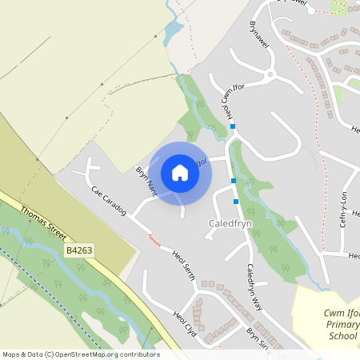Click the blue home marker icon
click(x=180, y=173)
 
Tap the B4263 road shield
click(x=79, y=250)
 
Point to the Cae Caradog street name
click(x=108, y=201)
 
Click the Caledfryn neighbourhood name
click(x=231, y=223)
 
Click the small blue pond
click(x=173, y=33)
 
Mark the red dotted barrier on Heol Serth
click(x=154, y=238)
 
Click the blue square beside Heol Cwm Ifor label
click(x=233, y=126)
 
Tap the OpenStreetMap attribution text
click(x=81, y=354)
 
